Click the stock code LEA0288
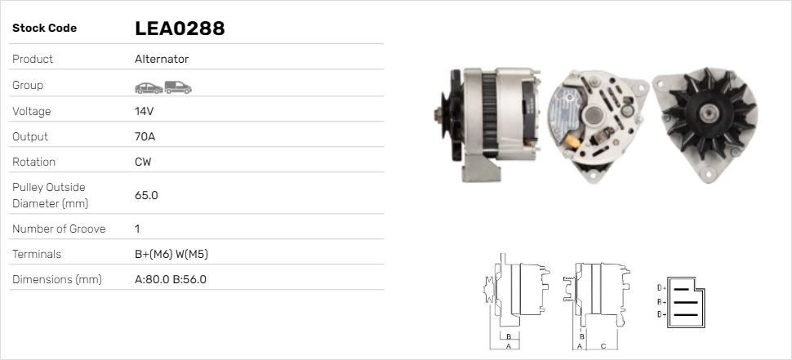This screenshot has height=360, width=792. click(180, 29)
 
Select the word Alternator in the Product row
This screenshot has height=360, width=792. click(162, 59)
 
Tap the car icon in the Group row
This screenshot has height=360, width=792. click(149, 88)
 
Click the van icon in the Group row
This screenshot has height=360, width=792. click(178, 87)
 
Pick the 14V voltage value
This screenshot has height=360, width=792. click(144, 111)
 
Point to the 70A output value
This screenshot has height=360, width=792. click(145, 136)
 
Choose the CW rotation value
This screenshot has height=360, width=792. click(143, 162)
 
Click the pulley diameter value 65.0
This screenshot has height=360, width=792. click(146, 195)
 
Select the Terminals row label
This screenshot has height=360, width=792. click(37, 254)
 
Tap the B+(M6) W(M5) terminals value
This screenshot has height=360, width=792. click(171, 254)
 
